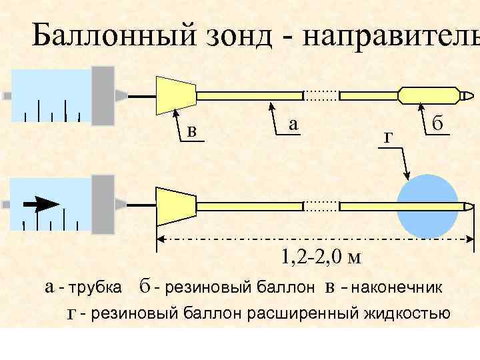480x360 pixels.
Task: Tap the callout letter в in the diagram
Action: tap(192, 131)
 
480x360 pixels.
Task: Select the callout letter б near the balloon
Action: tap(438, 124)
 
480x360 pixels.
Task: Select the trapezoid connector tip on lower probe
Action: tap(175, 206)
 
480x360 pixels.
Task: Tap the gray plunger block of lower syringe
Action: tap(103, 204)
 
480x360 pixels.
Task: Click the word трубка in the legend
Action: tap(96, 288)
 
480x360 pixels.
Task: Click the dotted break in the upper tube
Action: tap(321, 95)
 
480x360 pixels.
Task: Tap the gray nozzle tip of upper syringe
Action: tap(121, 95)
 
